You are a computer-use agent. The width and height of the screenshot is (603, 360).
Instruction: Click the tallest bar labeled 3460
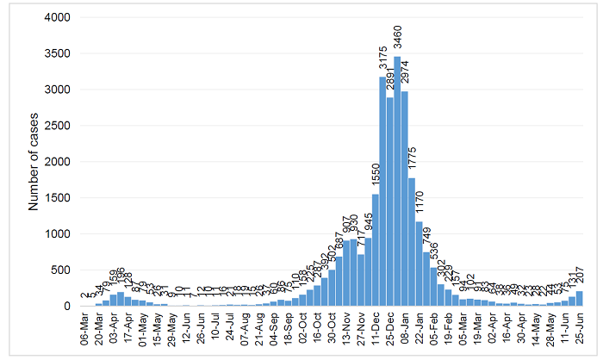pos(397,181)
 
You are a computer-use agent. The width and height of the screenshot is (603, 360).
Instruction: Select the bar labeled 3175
pos(382,191)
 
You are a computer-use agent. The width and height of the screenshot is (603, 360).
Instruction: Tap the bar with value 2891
pos(389,202)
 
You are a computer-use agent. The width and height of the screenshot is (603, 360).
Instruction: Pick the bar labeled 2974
pos(404,198)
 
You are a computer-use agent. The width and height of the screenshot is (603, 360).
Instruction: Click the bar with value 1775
pos(412,242)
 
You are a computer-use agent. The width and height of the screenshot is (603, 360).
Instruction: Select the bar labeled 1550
pos(376,250)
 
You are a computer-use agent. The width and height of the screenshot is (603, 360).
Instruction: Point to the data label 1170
pos(420,203)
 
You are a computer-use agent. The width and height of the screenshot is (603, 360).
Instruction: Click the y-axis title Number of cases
pos(34,161)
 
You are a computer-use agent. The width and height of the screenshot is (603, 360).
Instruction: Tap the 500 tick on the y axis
pos(61,270)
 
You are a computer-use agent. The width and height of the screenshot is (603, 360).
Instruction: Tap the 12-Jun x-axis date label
pos(185,327)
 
